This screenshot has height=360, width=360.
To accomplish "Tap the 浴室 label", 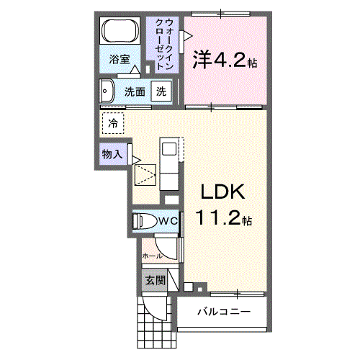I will click(x=120, y=60).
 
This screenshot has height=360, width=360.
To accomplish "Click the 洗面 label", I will click(x=135, y=92).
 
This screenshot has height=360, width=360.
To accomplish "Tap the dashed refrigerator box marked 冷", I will click(x=112, y=123).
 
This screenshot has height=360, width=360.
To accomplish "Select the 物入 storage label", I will click(x=111, y=154).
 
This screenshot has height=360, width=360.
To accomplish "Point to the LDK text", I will click(x=223, y=193).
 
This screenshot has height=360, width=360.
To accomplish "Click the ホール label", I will click(x=151, y=255).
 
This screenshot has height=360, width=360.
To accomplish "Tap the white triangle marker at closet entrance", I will click(x=186, y=35).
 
